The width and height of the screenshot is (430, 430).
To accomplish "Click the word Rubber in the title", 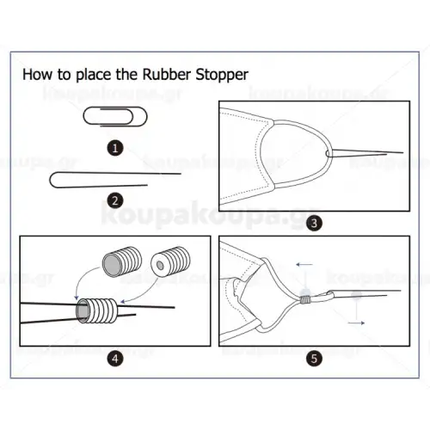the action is coord(167,74).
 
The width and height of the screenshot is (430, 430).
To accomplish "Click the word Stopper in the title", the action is coord(222,75).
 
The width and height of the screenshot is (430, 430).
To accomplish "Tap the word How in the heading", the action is coord(38,75).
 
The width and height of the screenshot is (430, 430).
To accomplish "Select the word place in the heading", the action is coord(93,76).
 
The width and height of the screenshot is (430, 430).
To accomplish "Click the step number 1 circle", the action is coord(115,148).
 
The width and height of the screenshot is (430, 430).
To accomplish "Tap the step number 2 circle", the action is coord(115,200).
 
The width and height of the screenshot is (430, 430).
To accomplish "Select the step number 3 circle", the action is coord(314,223).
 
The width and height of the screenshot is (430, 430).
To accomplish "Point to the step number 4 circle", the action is coord(115,359).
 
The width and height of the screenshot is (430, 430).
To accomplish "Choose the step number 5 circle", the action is coord(314,359).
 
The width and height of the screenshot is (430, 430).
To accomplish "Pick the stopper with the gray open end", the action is coord(122,261).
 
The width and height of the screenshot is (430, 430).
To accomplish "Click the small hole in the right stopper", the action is coord(160,266).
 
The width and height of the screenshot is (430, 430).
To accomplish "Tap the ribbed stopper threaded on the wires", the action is coord(98,310).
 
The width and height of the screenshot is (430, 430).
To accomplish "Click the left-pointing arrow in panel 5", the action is coord(304,264).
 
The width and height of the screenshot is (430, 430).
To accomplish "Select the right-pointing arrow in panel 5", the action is coord(356,323).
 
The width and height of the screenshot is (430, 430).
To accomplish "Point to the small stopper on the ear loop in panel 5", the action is coord(305,300).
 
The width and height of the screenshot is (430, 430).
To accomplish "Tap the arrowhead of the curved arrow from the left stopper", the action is coord(77,298).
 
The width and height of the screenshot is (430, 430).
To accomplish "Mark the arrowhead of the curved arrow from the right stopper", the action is coord(123,302).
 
